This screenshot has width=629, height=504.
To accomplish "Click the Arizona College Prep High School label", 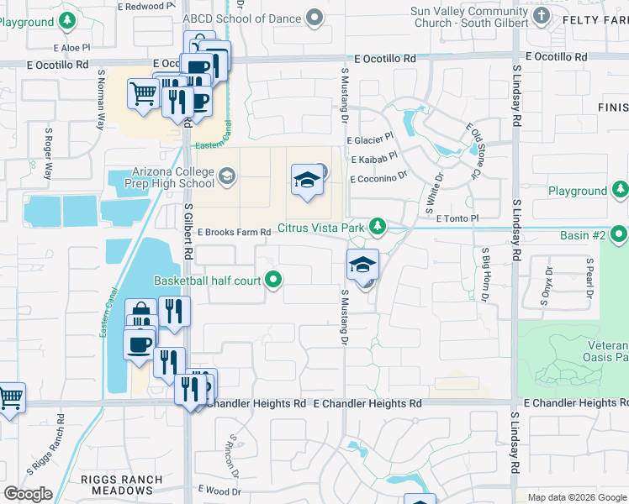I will tap(161, 176).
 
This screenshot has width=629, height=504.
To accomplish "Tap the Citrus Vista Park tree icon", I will tap(378, 225).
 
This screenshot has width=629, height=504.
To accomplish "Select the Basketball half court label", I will tap(207, 281).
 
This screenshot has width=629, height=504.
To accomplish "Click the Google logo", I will tap(28, 494).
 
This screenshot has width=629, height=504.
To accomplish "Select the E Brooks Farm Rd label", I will tap(233, 232).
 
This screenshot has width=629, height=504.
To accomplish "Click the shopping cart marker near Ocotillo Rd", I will tap(143, 94).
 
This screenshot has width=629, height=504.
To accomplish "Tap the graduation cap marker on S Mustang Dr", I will tap(362, 265).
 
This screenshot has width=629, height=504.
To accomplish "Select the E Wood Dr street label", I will tap(219, 490).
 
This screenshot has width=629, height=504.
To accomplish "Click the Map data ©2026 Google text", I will tap(576, 497).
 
